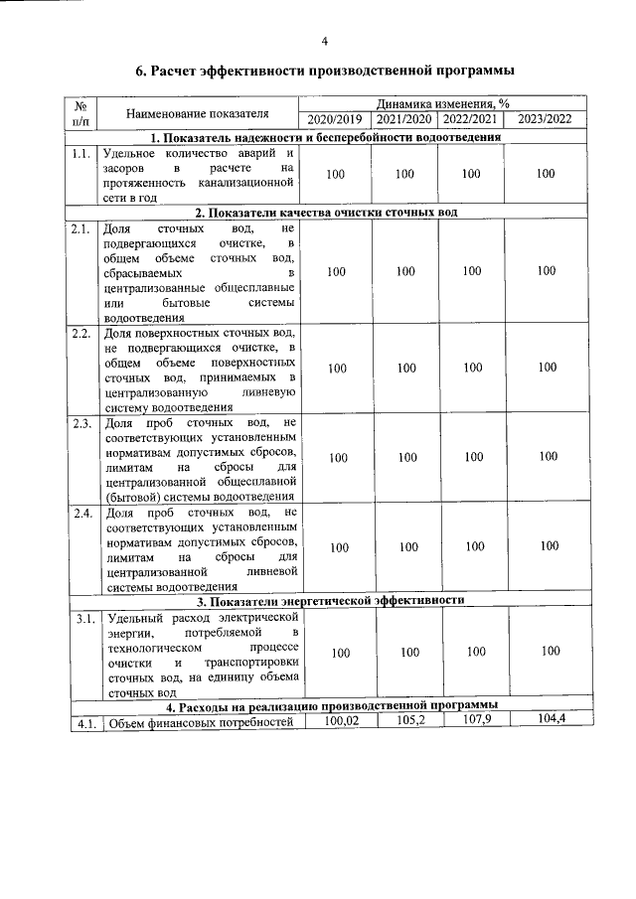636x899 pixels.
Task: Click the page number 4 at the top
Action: click(324, 41)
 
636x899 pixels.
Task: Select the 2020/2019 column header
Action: click(336, 120)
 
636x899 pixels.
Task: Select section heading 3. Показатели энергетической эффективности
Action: click(329, 601)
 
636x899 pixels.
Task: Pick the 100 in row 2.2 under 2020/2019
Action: click(336, 369)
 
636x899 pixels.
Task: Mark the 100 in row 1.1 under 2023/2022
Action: click(545, 174)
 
